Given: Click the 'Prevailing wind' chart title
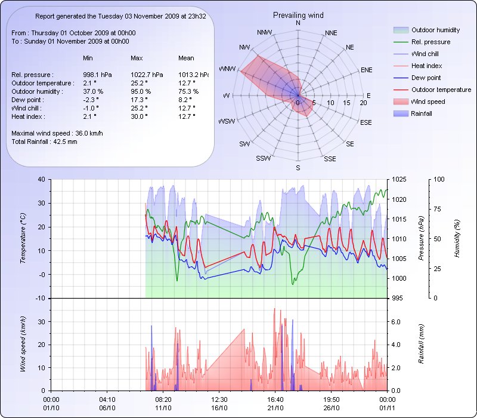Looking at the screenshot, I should coord(298,14).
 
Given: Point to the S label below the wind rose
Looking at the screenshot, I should coord(298,168).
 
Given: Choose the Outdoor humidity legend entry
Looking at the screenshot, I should coord(435,30).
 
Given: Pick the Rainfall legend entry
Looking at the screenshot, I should coord(422,113).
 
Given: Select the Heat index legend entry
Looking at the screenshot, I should coord(425,66).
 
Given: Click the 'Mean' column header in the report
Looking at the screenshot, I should coord(186,58).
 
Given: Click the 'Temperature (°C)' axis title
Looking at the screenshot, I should coord(23,239).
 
